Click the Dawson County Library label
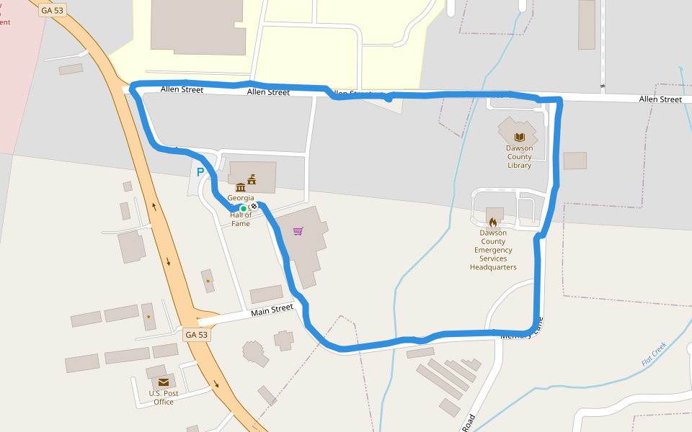coord(519,157)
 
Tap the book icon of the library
coord(519,137)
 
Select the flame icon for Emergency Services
coord(493,222)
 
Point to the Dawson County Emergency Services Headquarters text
coord(493,250)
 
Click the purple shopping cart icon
coord(298,231)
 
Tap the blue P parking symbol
coord(200,173)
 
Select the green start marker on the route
coord(244,208)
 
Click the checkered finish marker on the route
coord(254,206)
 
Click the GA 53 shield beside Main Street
coord(196,335)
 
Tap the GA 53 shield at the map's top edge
coord(53,10)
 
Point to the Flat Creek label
coord(655,354)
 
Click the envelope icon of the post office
coord(164,382)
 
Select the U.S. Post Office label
coord(164,397)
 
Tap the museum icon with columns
coord(240,187)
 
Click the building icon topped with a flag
coord(252,179)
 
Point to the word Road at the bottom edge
coord(469,423)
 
